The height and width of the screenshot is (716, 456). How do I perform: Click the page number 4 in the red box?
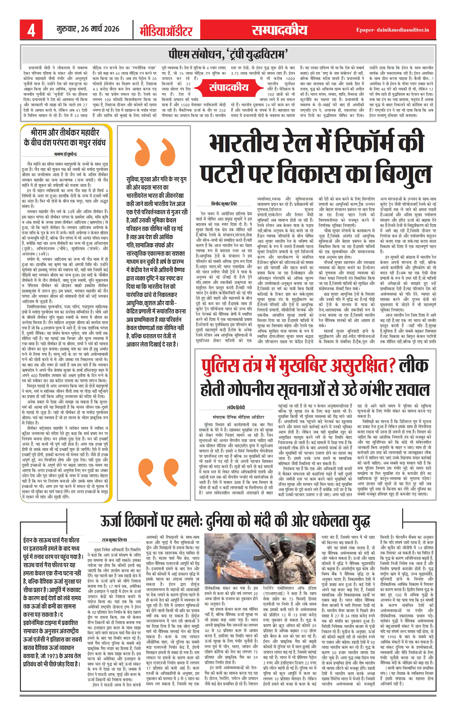[x=31, y=30]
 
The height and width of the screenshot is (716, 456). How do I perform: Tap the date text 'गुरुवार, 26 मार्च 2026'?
[x=88, y=29]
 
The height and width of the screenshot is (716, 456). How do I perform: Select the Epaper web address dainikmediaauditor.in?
[x=392, y=30]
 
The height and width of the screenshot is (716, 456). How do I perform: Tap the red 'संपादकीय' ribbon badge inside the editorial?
[x=228, y=87]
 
